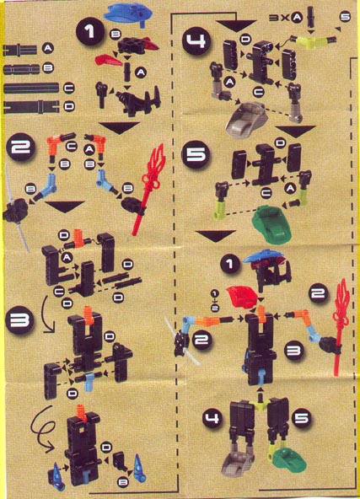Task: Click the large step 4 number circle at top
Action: tap(195, 41)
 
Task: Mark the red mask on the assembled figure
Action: tap(246, 297)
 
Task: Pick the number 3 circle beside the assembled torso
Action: tap(294, 345)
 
